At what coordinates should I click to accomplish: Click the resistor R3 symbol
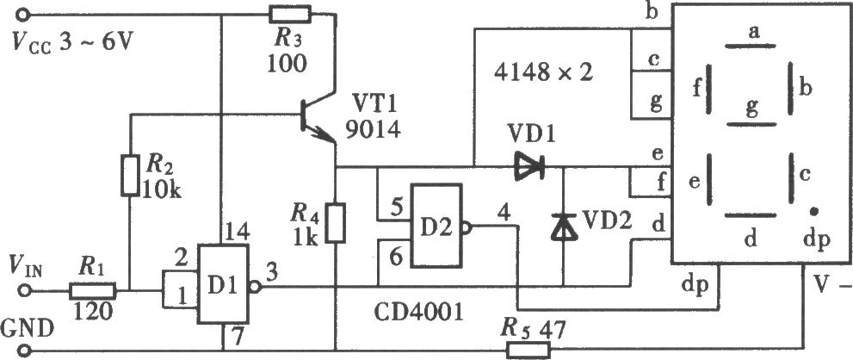point(290,14)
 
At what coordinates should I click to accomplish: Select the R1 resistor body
point(92,291)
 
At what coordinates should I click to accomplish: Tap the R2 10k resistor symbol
point(131,175)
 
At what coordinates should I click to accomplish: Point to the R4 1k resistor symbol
point(337,222)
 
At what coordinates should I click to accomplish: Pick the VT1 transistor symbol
point(318,116)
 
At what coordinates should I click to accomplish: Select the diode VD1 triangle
point(529,167)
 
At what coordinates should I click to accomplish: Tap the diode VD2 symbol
point(563,227)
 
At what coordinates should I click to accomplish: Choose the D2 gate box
point(437,225)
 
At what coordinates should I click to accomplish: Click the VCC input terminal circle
point(23,14)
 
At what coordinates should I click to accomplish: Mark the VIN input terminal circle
point(23,291)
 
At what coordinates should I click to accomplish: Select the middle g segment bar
point(751,125)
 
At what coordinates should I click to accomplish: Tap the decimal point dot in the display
point(813,211)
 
